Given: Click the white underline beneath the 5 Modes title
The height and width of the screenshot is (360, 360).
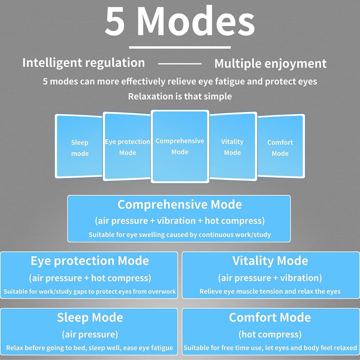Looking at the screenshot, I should click(x=180, y=47).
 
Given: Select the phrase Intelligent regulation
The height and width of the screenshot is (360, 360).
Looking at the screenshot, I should click(x=83, y=63).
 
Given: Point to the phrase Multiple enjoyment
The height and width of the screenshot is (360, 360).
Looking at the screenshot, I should click(x=270, y=64).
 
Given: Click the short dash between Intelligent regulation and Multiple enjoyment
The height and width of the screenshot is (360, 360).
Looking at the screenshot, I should click(x=179, y=64).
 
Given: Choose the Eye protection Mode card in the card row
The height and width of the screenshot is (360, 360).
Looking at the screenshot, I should click(x=127, y=147).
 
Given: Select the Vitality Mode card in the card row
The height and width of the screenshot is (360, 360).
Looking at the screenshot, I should click(x=232, y=147).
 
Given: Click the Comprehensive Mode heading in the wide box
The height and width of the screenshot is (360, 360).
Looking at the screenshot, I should click(x=179, y=205).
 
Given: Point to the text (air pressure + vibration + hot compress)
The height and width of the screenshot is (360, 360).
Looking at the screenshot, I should click(x=179, y=220).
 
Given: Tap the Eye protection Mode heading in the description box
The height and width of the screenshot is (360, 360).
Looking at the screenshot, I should click(x=90, y=261).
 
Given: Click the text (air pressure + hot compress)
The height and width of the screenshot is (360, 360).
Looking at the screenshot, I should click(x=90, y=278).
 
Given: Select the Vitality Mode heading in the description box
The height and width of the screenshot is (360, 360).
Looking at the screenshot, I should click(x=270, y=261).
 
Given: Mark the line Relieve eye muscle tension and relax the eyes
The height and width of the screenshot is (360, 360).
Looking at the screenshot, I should click(x=270, y=291).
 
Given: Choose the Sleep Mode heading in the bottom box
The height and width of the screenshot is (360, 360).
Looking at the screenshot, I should click(x=90, y=318).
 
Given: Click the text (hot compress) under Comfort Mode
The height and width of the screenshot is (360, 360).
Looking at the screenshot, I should click(x=270, y=334).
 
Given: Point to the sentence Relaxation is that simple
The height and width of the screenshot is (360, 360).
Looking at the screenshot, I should click(x=180, y=96).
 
